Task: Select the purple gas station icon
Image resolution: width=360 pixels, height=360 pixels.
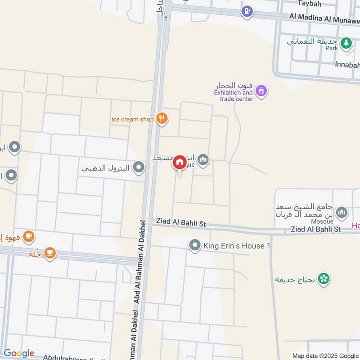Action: [247, 11]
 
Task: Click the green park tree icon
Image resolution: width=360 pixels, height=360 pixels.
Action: [346, 43]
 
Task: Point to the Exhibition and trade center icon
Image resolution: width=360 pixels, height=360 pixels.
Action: [261, 91]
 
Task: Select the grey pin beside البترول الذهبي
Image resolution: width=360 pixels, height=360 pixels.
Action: [139, 168]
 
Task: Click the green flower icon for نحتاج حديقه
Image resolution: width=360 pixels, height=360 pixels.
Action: [323, 279]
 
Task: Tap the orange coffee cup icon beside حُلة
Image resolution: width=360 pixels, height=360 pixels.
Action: [49, 253]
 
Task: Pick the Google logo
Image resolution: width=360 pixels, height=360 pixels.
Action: [19, 353]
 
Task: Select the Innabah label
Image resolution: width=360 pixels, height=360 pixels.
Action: [347, 64]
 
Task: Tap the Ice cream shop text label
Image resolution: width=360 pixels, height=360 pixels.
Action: [133, 119]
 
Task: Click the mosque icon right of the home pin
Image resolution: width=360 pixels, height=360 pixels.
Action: [203, 159]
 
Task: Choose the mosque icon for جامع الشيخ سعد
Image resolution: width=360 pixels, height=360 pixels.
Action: [342, 211]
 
